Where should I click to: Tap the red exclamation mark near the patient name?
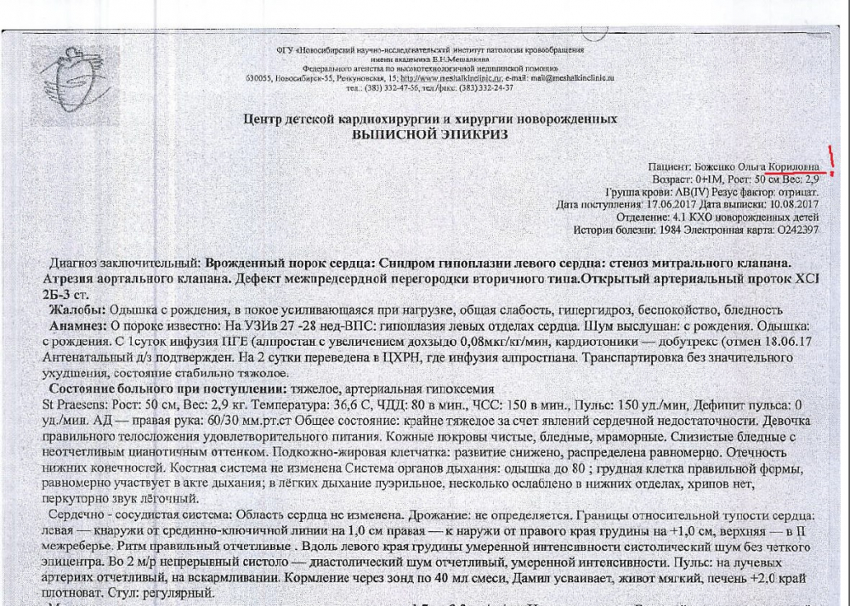[x=831, y=160]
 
